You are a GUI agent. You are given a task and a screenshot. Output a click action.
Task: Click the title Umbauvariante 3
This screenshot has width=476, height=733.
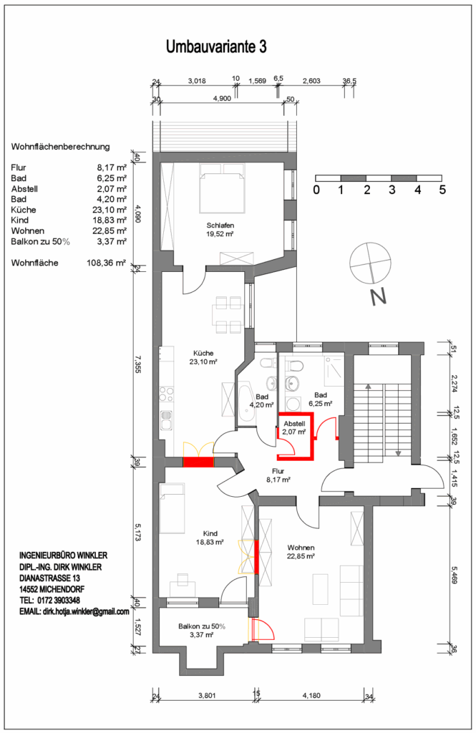click(x=216, y=47)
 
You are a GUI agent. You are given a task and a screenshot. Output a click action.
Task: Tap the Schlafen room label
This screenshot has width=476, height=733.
click(x=220, y=225)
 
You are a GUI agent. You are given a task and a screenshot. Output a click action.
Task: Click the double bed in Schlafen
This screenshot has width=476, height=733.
click(x=222, y=188)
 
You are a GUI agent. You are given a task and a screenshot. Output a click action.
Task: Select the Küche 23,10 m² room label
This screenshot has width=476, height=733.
click(x=203, y=357)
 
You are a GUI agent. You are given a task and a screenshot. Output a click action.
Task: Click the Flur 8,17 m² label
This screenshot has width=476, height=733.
click(x=278, y=475)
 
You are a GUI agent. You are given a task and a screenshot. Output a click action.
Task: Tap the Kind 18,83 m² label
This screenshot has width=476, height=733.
click(x=210, y=538)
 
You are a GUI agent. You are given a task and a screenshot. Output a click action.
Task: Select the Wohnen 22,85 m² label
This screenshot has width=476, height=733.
click(x=301, y=552)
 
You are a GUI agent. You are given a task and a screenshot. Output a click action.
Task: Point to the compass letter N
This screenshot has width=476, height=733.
click(x=377, y=297)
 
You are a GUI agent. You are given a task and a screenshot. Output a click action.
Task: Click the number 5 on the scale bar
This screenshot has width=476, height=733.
click(x=442, y=190)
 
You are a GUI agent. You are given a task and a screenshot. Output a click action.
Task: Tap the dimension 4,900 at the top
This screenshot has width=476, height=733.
click(x=222, y=99)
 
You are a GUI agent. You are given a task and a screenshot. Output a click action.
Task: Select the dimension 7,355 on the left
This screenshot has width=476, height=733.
click(x=137, y=364)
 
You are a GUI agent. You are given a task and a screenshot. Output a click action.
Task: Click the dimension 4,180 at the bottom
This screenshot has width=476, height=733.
click(x=311, y=695)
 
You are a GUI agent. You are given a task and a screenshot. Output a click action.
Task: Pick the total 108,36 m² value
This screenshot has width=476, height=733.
click(x=106, y=263)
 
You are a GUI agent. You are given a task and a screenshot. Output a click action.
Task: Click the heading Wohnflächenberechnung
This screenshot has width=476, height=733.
click(x=60, y=147)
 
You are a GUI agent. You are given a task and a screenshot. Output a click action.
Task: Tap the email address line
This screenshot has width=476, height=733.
click(x=74, y=611)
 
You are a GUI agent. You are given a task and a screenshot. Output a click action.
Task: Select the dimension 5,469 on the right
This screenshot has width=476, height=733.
click(x=454, y=575)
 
